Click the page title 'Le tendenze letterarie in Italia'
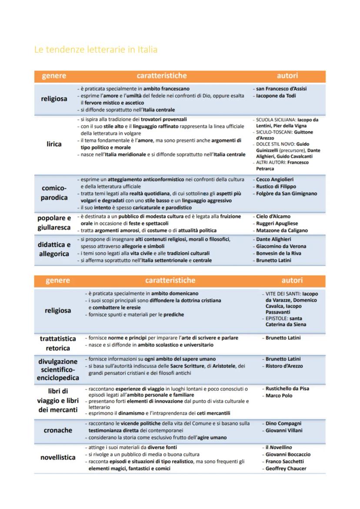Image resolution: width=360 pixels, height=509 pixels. click(96, 50)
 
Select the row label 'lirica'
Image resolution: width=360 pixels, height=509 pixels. click(54, 144)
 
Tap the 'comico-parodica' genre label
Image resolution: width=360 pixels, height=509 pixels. click(54, 193)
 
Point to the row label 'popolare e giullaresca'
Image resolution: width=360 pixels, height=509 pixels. click(54, 222)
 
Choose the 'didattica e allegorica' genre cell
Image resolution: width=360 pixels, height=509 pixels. click(54, 249)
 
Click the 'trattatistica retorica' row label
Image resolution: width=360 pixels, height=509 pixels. click(58, 343)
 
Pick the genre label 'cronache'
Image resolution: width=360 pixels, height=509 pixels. click(58, 430)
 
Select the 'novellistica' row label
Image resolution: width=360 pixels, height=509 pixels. click(58, 458)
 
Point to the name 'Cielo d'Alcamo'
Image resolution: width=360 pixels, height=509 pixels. click(273, 216)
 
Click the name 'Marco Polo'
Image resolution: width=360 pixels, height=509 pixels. click(279, 396)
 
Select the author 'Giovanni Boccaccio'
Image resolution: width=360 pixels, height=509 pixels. click(288, 454)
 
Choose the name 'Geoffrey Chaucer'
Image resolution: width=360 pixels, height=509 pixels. click(286, 468)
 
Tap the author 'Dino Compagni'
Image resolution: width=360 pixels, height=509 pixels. click(283, 423)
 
